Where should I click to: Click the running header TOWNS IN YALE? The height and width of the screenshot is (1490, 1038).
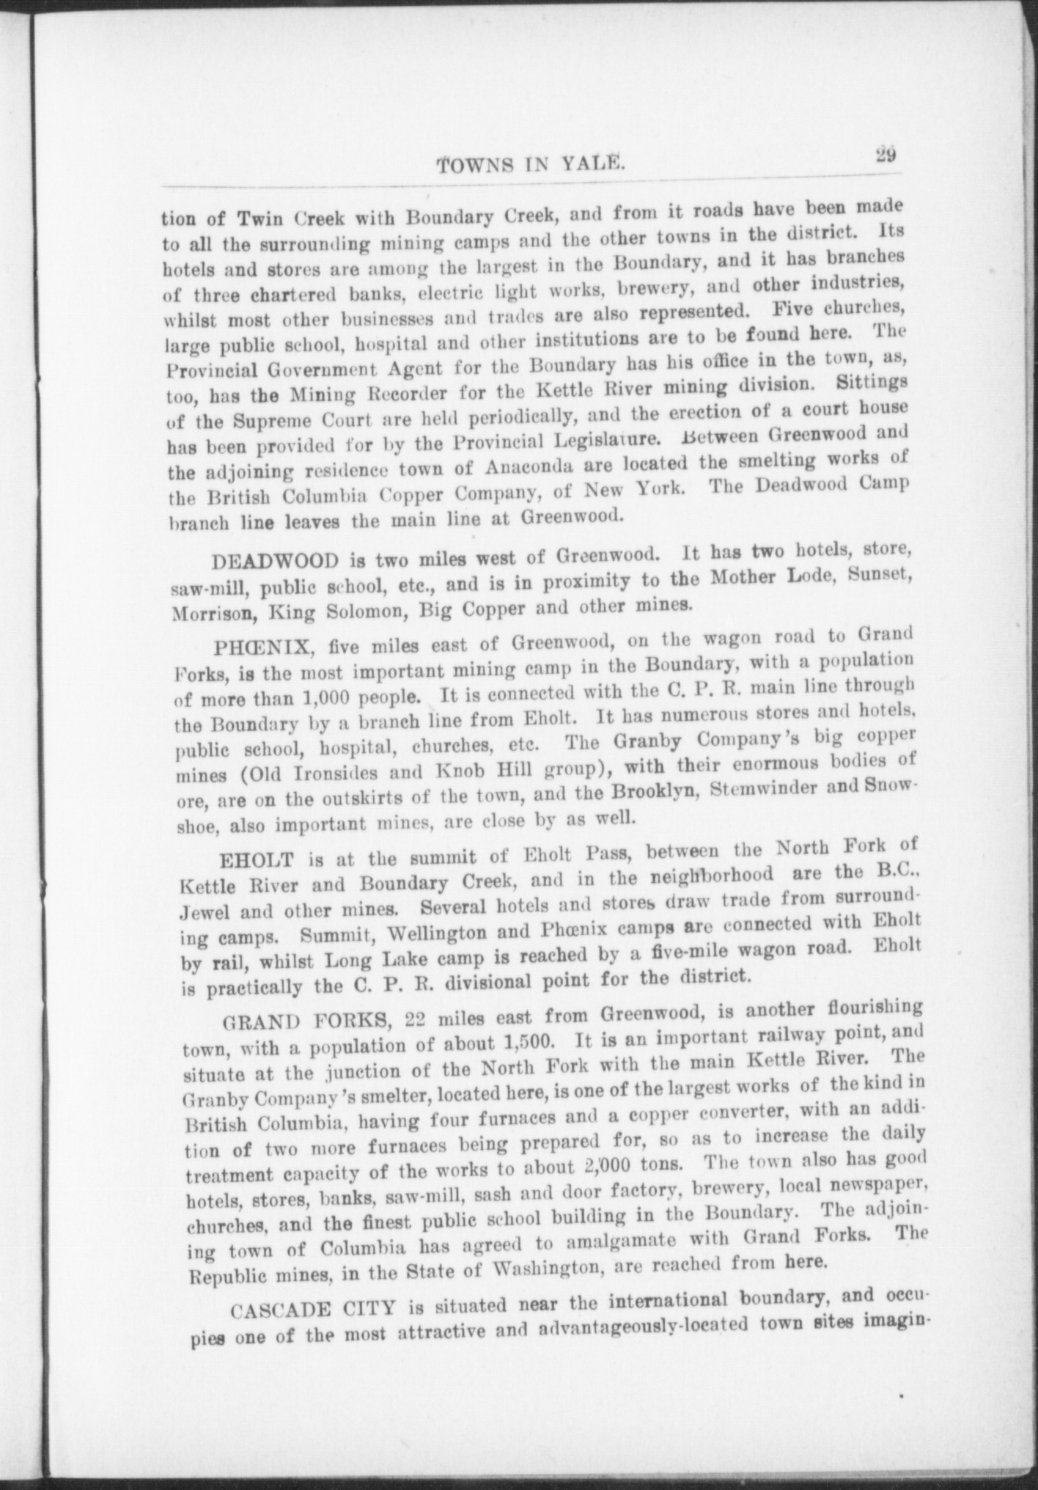[x=531, y=166]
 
